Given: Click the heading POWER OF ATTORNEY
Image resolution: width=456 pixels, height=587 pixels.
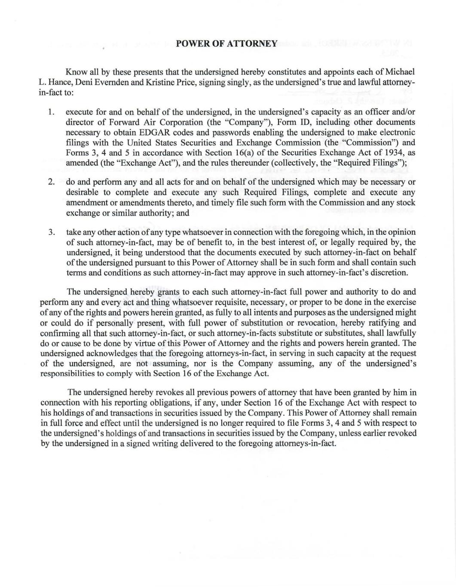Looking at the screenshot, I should tap(227, 43).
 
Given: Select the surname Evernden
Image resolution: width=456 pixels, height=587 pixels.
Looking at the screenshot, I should tap(110, 82).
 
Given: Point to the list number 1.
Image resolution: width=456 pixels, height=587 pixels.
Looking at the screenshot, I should tap(51, 112).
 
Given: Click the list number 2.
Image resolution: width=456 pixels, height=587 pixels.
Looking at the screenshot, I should tap(51, 182).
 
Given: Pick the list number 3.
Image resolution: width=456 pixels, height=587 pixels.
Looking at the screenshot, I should tap(51, 232).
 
